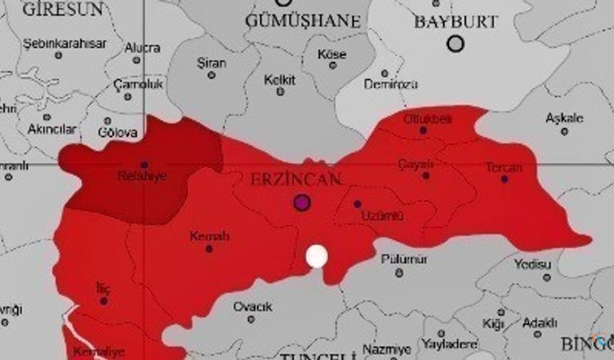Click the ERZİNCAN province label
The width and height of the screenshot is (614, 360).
click(x=296, y=179)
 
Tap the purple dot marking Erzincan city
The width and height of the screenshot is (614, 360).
click(x=302, y=202)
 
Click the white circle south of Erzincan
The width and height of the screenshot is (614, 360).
click(x=316, y=256)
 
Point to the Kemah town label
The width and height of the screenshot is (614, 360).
click(x=209, y=236)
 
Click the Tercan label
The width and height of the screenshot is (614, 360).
click(x=504, y=168)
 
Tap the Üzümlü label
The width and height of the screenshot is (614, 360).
click(x=382, y=215)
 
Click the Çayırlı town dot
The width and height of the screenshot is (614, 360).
click(x=426, y=175)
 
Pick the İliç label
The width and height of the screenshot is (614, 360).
click(x=104, y=289)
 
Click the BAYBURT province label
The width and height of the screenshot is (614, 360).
click(x=456, y=21)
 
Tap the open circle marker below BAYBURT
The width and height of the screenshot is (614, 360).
click(x=456, y=44)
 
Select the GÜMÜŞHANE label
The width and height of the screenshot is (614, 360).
click(x=303, y=21)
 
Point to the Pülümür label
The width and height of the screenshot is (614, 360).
click(x=404, y=259)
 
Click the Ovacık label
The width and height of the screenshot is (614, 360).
click(x=253, y=307)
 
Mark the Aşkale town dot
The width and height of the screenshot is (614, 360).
click(x=564, y=131)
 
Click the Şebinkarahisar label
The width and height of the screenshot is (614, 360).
click(x=65, y=44)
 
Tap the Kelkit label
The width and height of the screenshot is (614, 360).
click(x=280, y=80)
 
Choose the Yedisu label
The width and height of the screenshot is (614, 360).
click(x=533, y=265)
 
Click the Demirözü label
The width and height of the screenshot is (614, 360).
click(x=391, y=84)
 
